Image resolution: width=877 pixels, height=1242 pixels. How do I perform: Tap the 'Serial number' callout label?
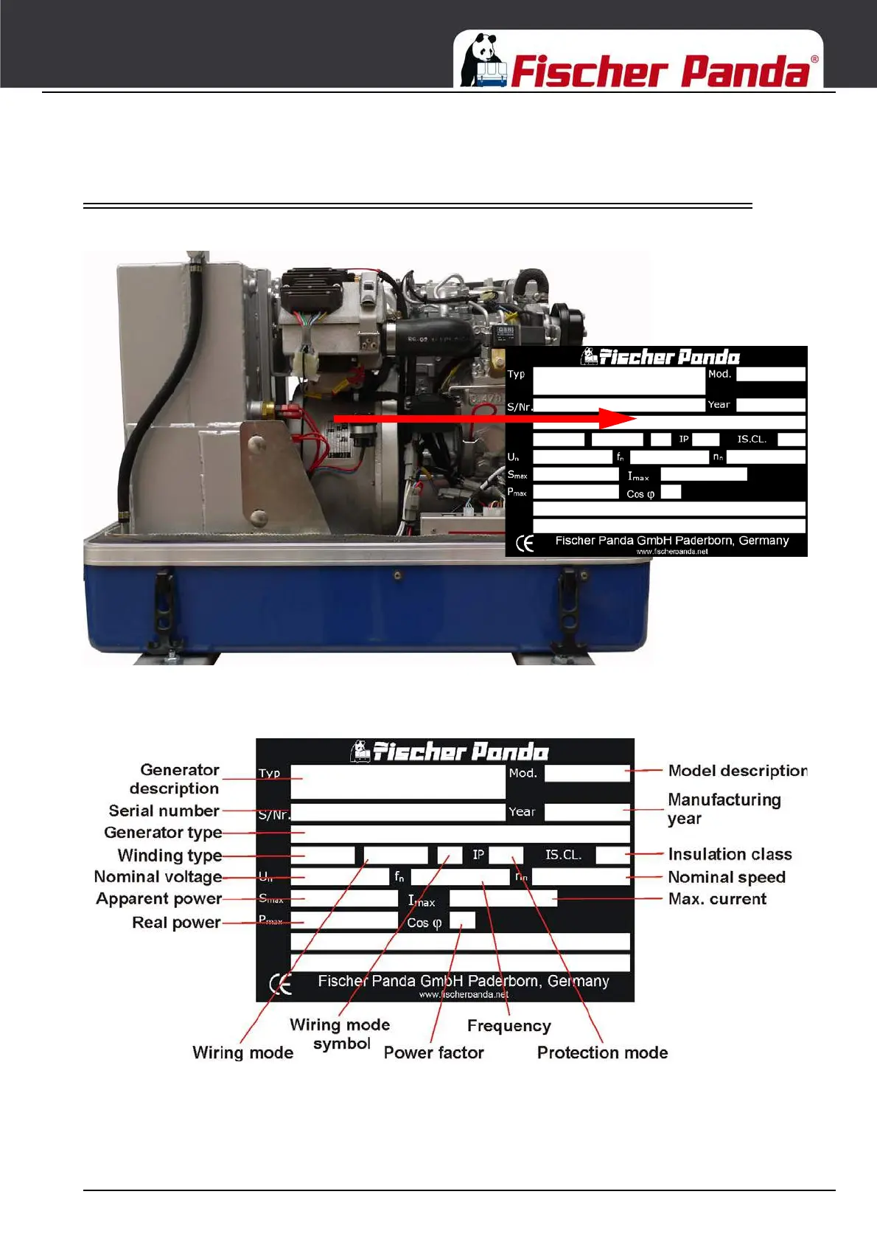coord(164,811)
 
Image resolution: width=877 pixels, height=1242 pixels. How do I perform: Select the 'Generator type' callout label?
coord(163,833)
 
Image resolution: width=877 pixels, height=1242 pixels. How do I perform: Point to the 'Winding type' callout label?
coord(170,856)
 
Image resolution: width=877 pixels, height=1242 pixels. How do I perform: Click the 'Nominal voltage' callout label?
coord(158,877)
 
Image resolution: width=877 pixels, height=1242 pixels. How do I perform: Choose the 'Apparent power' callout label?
coord(158,899)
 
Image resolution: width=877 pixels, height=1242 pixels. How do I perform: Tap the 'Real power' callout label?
coord(176,923)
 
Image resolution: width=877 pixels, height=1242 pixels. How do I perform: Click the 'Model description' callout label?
coord(738,771)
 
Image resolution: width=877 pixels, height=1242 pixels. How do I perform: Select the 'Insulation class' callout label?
coord(730,854)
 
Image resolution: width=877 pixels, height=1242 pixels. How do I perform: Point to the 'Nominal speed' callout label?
coord(727,877)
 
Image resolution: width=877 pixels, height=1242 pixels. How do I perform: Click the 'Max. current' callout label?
coord(717,899)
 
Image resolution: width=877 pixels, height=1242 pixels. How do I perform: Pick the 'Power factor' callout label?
coord(433,1052)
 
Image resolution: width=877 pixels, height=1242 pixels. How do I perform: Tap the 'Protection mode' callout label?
coord(602,1052)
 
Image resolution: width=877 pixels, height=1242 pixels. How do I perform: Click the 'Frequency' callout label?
coord(509,1026)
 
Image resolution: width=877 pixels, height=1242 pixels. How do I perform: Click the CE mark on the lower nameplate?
coord(280,984)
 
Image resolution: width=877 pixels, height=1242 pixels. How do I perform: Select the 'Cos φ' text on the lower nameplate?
coord(424,923)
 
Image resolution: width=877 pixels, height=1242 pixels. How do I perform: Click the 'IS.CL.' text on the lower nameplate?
coord(563,855)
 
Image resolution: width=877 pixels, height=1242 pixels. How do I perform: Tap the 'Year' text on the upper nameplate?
coord(719,405)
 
